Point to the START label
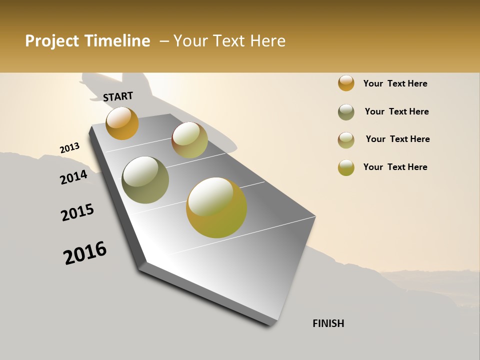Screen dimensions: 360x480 click(118, 96)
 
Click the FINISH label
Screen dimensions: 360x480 click(328, 323)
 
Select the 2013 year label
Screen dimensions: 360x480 click(69, 148)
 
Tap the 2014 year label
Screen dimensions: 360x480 click(73, 177)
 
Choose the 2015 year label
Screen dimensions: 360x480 click(77, 212)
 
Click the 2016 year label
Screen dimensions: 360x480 click(85, 253)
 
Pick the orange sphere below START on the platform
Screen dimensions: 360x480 click(122, 123)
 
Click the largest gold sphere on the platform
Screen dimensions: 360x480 click(216, 207)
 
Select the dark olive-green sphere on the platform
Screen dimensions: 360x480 click(145, 180)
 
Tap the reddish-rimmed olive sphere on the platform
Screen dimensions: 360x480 click(189, 140)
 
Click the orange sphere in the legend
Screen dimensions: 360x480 click(346, 83)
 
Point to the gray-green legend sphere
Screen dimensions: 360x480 click(346, 112)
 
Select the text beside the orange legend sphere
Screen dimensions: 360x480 click(395, 83)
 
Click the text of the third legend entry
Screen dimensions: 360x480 click(397, 139)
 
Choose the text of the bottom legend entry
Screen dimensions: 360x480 click(395, 167)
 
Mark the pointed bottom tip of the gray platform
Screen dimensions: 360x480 click(273, 324)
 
